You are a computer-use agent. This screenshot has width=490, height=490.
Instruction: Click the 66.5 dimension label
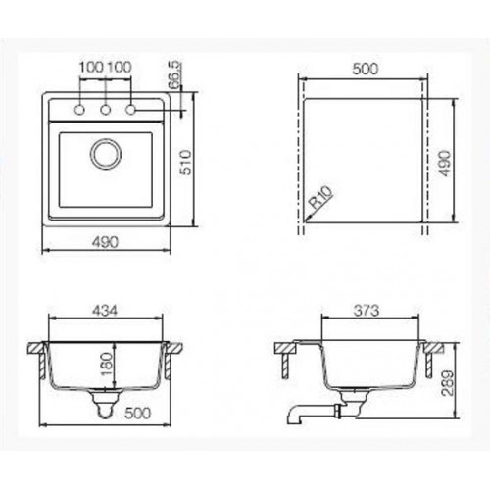pos(175,74)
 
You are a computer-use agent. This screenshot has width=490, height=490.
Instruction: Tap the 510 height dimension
pos(186,163)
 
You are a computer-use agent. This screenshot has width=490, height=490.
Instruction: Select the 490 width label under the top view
pos(105,242)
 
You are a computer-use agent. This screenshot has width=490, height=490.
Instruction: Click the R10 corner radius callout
pos(321,197)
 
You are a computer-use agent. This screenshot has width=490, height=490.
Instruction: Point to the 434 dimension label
pos(104,311)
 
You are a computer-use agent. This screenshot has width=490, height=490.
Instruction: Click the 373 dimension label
pos(367,311)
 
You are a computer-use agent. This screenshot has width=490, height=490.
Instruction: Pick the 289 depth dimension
pos(447,383)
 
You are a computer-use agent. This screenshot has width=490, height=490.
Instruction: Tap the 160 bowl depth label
pos(107,364)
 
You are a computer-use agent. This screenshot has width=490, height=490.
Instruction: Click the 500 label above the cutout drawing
pos(366,69)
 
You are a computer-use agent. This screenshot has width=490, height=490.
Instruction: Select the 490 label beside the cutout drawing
pos(445,163)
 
